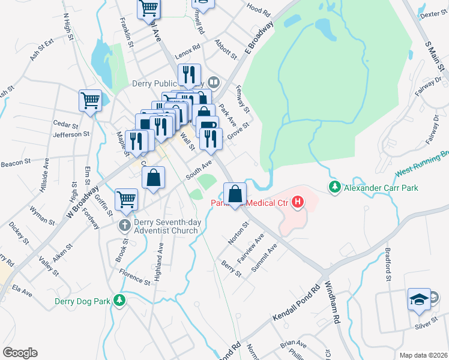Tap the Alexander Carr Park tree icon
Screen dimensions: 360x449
click(x=334, y=187)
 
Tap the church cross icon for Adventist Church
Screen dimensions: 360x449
click(x=124, y=226)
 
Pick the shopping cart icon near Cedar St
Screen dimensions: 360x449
click(x=90, y=100)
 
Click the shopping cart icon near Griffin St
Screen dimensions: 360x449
click(x=126, y=199)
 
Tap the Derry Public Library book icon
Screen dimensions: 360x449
click(x=213, y=82)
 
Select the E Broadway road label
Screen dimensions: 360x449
click(x=258, y=40)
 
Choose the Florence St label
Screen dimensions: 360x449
click(x=134, y=280)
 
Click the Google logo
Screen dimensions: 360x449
click(x=20, y=353)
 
